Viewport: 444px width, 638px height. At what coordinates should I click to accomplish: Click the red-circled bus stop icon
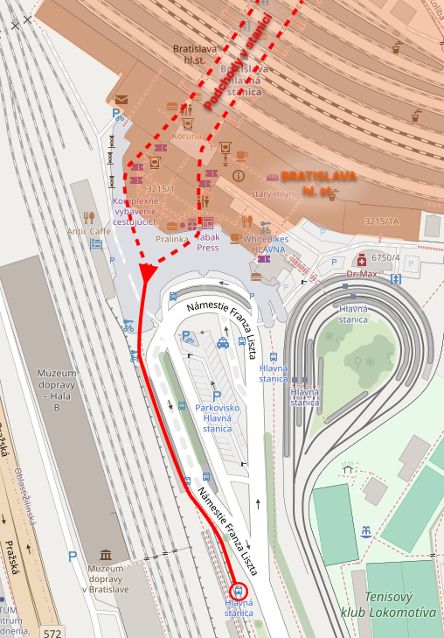click(x=240, y=591)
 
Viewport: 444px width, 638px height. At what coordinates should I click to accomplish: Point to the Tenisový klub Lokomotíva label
click(x=388, y=605)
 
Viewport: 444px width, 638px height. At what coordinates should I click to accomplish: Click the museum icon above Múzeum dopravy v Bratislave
click(x=106, y=555)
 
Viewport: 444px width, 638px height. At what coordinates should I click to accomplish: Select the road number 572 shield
click(x=52, y=632)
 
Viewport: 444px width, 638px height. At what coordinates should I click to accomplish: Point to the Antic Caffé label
click(x=89, y=231)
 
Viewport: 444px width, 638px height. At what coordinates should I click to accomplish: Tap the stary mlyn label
click(x=271, y=193)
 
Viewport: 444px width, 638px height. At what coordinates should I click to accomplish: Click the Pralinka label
click(x=172, y=238)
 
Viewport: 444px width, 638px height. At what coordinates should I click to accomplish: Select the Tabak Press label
click(x=207, y=242)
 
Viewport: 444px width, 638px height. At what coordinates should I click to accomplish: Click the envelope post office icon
click(x=121, y=100)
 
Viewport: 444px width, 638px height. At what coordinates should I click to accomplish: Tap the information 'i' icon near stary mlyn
click(x=238, y=176)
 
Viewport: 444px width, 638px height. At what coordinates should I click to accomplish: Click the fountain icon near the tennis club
click(x=365, y=531)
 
